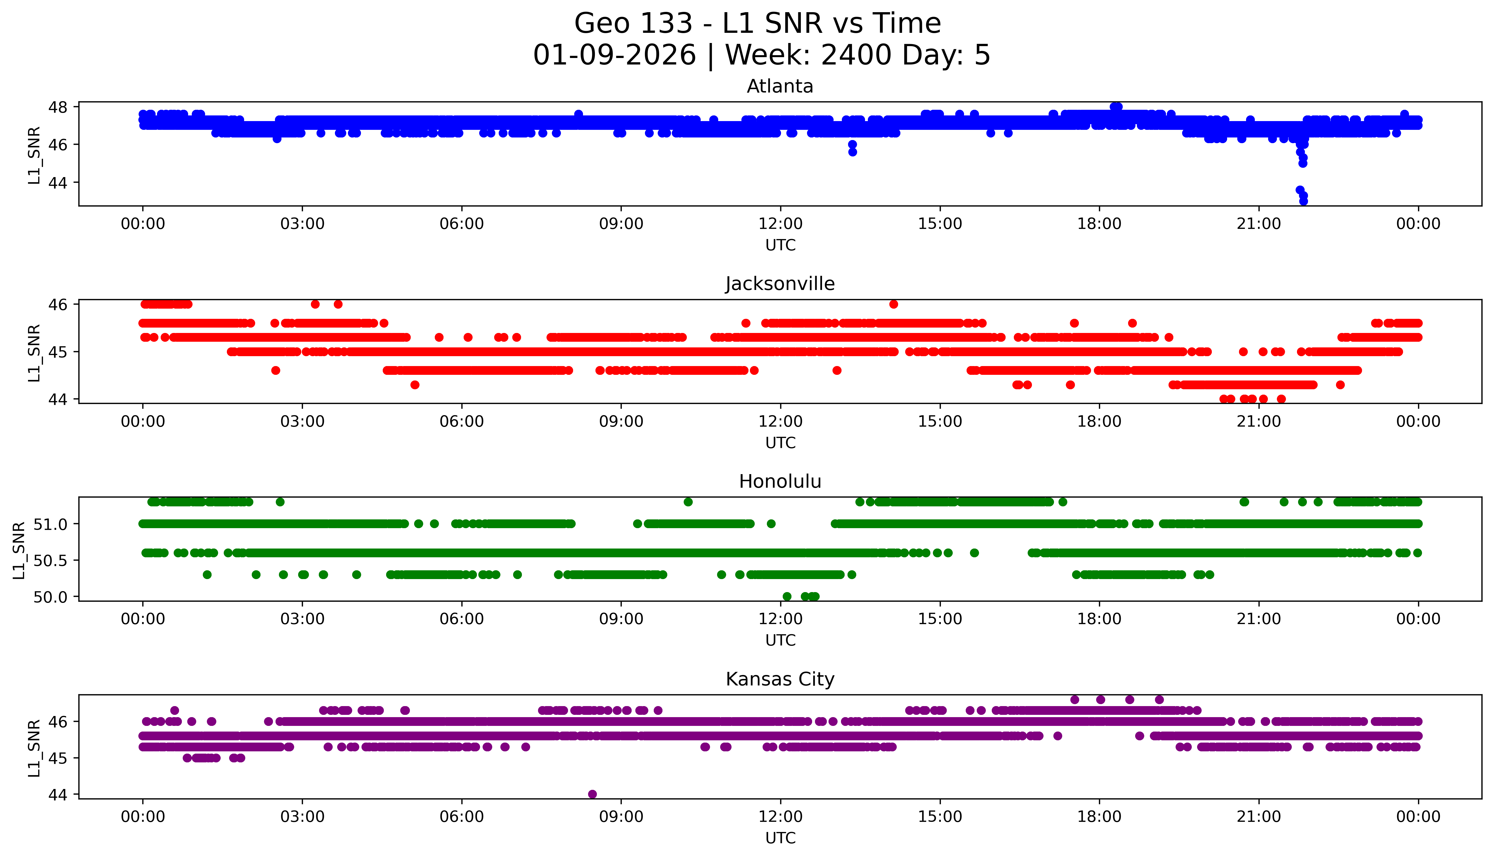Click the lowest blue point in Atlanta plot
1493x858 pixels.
(1303, 201)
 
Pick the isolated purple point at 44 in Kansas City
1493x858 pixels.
(592, 794)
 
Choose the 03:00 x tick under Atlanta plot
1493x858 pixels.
(302, 224)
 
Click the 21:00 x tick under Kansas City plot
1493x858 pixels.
(1258, 817)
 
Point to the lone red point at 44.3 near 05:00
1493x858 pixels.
(415, 385)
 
